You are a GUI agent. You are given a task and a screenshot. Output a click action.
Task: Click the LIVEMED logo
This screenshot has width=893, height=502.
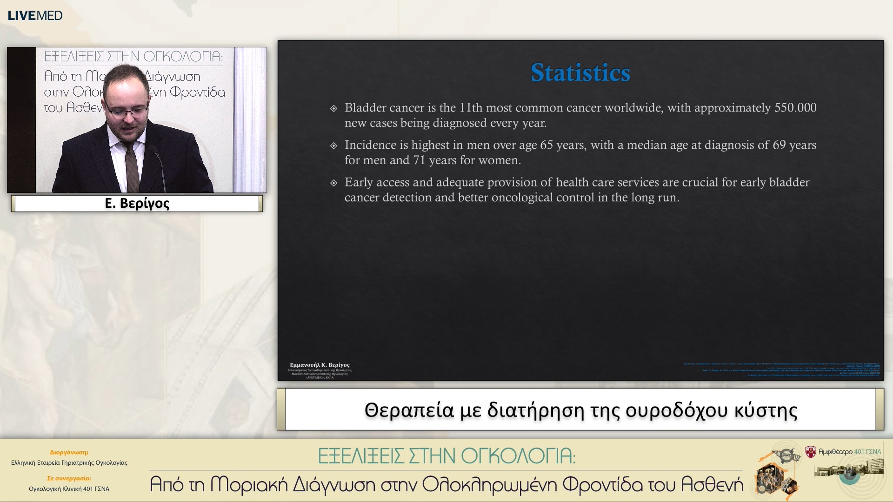point(35,15)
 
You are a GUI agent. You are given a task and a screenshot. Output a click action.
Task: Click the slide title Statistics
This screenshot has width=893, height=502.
point(580,73)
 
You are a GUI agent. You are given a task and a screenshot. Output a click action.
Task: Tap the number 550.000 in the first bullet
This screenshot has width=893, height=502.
point(795,108)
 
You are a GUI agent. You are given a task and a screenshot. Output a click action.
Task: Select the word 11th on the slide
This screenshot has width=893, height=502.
point(471,108)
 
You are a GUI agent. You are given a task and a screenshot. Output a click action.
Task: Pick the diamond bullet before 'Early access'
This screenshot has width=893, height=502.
point(333,183)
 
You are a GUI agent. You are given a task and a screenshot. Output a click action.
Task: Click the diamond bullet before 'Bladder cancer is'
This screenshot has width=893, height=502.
point(333,109)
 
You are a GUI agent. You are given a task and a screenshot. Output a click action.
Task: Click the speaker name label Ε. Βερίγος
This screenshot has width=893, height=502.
point(137,204)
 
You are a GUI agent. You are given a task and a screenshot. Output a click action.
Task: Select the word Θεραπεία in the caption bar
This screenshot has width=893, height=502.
point(409,410)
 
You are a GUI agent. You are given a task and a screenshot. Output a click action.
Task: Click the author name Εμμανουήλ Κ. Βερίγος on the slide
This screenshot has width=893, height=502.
point(320,365)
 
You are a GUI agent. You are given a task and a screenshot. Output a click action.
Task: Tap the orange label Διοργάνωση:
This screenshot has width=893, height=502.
point(69,452)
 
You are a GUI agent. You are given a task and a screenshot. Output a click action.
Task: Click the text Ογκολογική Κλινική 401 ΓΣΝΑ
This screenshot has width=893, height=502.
point(69,489)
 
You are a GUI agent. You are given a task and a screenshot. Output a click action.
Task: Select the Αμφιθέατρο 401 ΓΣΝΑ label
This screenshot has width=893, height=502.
point(849,452)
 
